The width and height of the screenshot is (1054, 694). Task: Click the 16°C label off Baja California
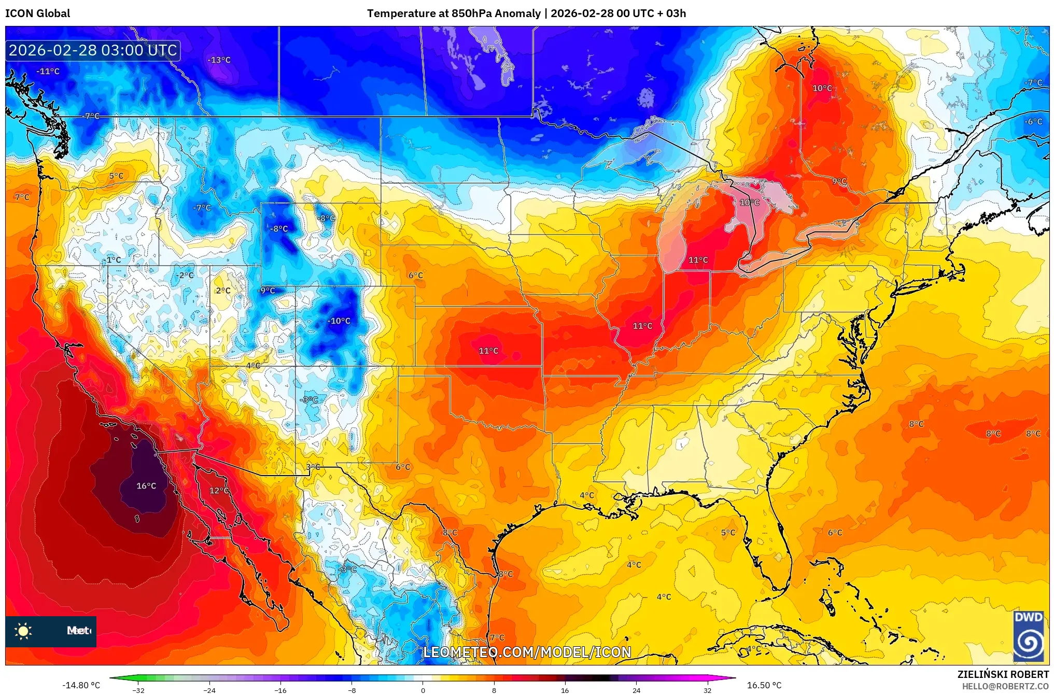pyautogui.click(x=146, y=486)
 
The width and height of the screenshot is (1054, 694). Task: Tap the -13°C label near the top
pyautogui.click(x=219, y=60)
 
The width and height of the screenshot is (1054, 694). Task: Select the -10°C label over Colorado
pyautogui.click(x=339, y=321)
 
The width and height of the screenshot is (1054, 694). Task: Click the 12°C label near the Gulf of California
pyautogui.click(x=219, y=491)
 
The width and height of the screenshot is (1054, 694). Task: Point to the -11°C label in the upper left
pyautogui.click(x=48, y=72)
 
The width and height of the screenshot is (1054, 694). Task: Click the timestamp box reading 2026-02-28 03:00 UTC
pyautogui.click(x=93, y=51)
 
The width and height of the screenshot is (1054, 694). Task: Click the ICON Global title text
pyautogui.click(x=37, y=13)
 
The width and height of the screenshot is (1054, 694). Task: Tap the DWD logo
pyautogui.click(x=1029, y=636)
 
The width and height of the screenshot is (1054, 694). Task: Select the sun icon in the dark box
pyautogui.click(x=23, y=631)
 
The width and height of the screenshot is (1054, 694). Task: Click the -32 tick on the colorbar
pyautogui.click(x=138, y=690)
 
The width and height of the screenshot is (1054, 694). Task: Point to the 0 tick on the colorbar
pyautogui.click(x=423, y=690)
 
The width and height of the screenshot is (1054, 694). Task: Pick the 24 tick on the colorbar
pyautogui.click(x=636, y=690)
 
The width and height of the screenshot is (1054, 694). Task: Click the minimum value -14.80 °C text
pyautogui.click(x=81, y=685)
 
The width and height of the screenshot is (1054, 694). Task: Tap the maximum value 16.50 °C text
pyautogui.click(x=764, y=685)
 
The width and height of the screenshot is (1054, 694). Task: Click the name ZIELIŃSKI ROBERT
pyautogui.click(x=1003, y=675)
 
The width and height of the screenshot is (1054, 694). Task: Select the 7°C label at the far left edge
pyautogui.click(x=22, y=197)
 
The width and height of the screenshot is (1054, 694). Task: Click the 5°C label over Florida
pyautogui.click(x=728, y=533)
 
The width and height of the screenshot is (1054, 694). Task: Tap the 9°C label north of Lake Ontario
pyautogui.click(x=839, y=182)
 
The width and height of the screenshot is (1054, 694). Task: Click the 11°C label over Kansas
pyautogui.click(x=488, y=351)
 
